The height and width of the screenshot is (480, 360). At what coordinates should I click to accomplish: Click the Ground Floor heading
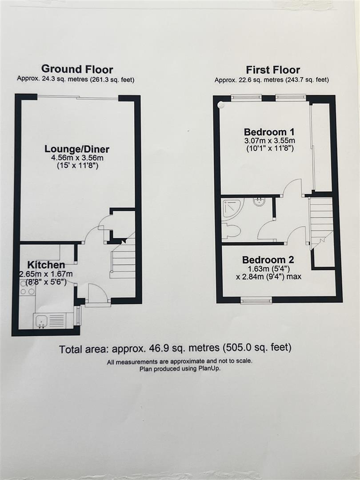(x=77, y=69)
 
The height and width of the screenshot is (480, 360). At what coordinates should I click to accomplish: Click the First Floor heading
(x=273, y=70)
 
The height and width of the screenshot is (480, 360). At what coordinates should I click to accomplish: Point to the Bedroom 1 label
(x=269, y=132)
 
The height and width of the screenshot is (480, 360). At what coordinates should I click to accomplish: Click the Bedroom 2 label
(x=268, y=260)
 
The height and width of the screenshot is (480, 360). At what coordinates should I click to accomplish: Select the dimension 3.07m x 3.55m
(x=269, y=141)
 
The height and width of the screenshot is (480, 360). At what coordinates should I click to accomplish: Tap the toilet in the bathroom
(x=232, y=230)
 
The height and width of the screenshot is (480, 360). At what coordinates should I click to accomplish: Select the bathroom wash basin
(x=259, y=202)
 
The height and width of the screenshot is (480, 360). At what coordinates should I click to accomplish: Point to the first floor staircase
(x=321, y=220)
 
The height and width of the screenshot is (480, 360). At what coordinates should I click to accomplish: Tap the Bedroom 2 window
(x=256, y=301)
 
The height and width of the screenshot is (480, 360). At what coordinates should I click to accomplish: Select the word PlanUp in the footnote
(x=209, y=368)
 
